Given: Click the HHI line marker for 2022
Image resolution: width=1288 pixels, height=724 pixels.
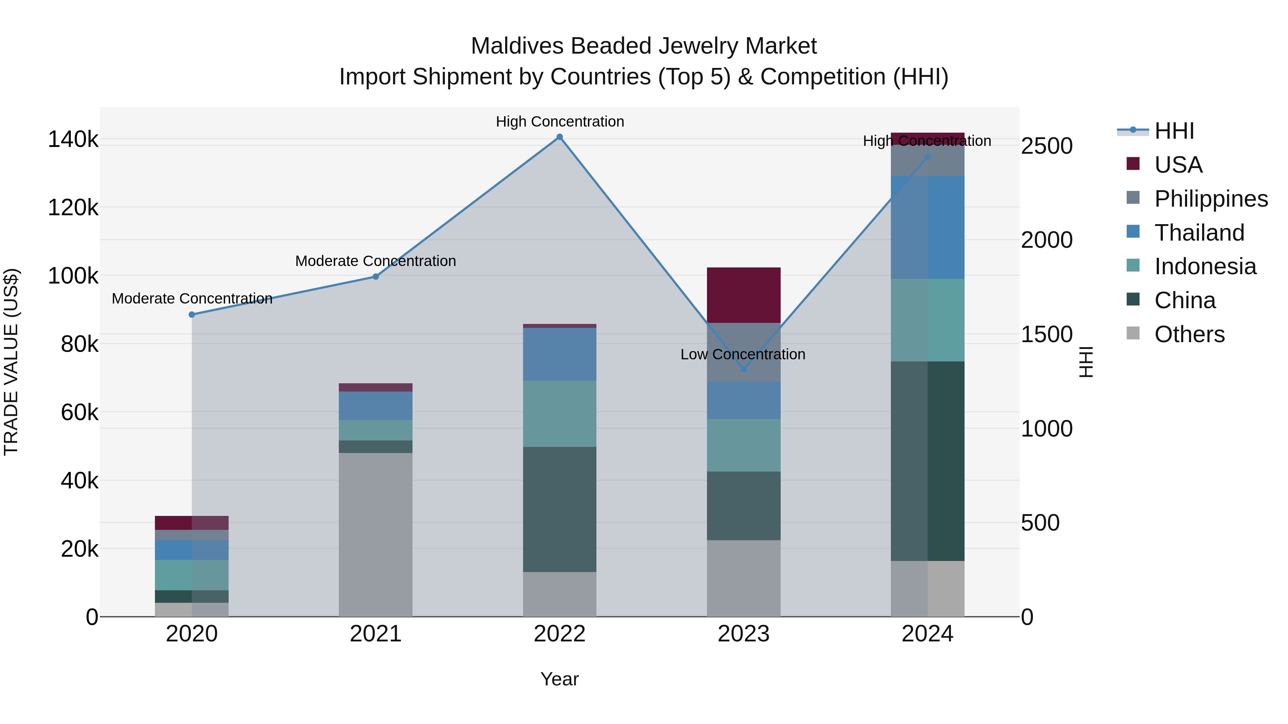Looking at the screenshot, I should coord(560,137).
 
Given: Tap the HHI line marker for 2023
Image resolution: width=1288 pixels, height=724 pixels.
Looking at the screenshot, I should coord(743,369).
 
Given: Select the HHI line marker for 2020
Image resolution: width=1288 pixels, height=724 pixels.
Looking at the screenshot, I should coord(192,314).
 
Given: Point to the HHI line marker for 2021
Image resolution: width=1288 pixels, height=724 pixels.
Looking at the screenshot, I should coord(376,276).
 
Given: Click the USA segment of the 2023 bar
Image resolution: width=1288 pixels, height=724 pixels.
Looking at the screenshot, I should coord(743,295).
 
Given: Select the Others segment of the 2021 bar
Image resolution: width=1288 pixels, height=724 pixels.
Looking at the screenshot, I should coord(376,535).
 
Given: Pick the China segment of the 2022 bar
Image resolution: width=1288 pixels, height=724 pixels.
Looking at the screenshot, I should coord(560,509).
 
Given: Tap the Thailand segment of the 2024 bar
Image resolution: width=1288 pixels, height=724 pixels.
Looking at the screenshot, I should coord(927,227).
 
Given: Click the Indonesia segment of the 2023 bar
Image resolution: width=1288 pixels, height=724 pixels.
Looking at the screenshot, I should coord(743,445).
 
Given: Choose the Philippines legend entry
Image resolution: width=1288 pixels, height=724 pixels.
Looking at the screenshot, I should coord(1210,198).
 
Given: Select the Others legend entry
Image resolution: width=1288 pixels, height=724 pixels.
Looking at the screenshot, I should coord(1189,334).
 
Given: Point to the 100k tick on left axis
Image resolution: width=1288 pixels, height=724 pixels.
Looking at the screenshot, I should coord(73,276).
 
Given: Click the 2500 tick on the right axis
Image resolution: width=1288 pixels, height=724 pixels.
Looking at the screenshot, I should coord(1046,146).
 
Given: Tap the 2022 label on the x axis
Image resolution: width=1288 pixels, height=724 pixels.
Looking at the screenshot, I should coord(560,634).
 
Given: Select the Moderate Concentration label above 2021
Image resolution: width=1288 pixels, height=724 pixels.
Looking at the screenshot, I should coord(376,261).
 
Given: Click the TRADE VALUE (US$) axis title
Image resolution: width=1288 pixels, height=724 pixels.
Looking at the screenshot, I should coord(11,362).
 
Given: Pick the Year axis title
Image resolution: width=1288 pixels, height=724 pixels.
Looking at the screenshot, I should coord(560,679).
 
